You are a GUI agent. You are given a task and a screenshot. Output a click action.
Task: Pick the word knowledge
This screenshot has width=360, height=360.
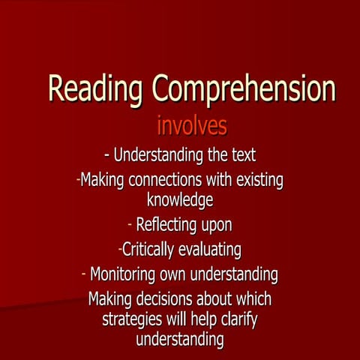coord(180,199)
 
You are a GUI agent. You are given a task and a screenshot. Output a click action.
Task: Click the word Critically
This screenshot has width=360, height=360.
coord(153,249)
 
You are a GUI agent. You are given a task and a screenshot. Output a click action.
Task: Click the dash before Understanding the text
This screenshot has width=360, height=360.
coord(107,155)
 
